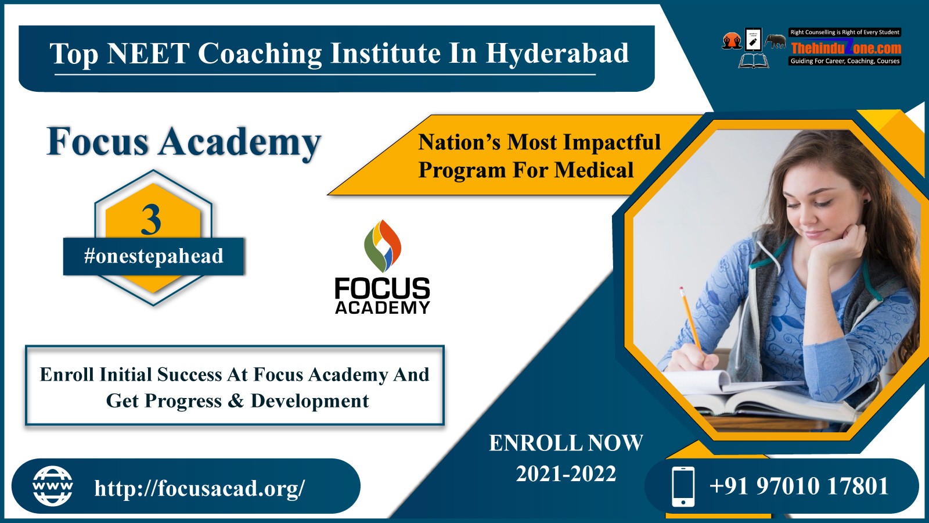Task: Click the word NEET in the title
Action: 148,53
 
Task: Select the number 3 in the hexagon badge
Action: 151,220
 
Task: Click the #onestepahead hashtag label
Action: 153,256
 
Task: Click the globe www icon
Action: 53,486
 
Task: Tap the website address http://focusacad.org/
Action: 200,488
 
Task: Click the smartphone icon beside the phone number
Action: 683,486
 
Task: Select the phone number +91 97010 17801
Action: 799,486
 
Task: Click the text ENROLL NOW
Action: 566,443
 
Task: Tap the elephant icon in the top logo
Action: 775,41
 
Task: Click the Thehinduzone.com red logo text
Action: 846,48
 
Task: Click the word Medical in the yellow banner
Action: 593,170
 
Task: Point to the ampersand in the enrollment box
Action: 236,401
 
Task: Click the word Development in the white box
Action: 310,402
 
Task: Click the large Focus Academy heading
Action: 184,142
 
